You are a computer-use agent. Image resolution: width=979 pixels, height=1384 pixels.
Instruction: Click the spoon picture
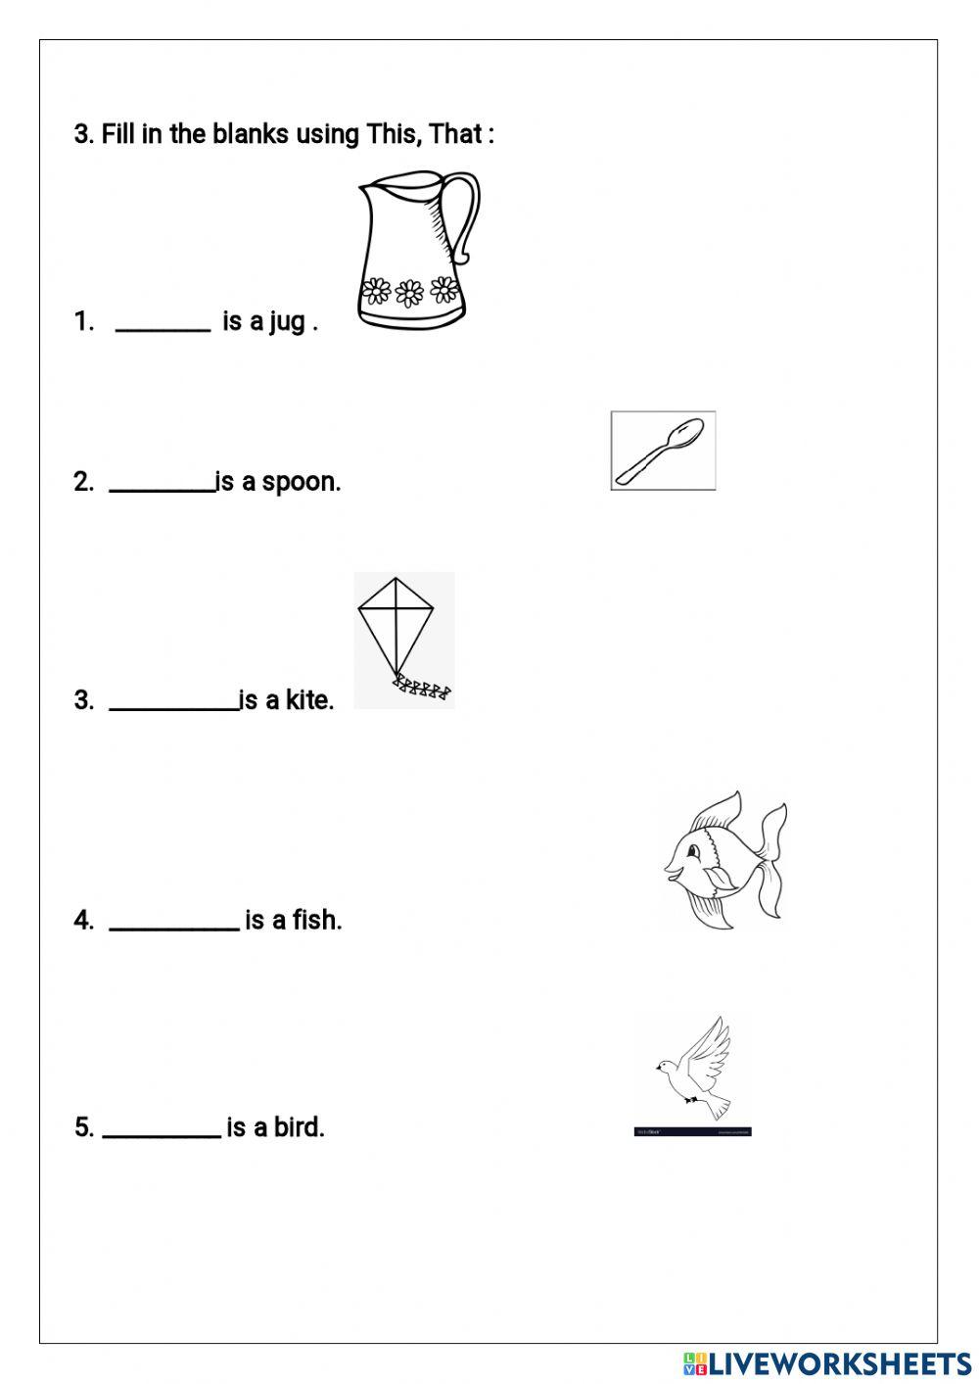pyautogui.click(x=663, y=451)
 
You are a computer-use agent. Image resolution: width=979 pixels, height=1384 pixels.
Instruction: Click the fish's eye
pyautogui.click(x=693, y=848)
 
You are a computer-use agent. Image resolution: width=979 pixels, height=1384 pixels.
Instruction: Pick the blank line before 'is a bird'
pyautogui.click(x=162, y=1134)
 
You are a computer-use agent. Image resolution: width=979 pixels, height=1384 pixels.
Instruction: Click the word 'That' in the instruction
pyautogui.click(x=454, y=134)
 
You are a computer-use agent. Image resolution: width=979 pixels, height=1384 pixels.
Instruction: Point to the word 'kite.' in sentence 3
pyautogui.click(x=309, y=700)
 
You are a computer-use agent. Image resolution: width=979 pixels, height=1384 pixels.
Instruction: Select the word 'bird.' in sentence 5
pyautogui.click(x=299, y=1127)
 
